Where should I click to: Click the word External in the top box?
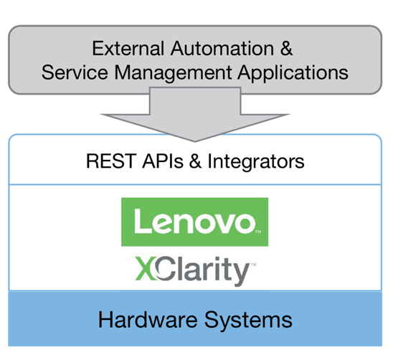[x=128, y=48]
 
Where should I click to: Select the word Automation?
[x=222, y=48]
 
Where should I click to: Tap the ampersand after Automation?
[x=286, y=48]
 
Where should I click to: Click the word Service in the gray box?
[x=75, y=72]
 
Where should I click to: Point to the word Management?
[x=173, y=74]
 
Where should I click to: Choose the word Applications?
[x=293, y=74]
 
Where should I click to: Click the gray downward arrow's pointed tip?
[x=195, y=141]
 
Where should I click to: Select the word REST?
[x=111, y=161]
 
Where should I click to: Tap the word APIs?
[x=163, y=161]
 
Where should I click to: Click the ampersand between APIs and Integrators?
[x=195, y=161]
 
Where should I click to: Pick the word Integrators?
[x=256, y=163]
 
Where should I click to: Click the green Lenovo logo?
[x=195, y=222]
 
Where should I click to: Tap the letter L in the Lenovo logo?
[x=143, y=221]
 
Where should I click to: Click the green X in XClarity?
[x=145, y=268]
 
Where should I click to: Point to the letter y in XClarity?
[x=241, y=274]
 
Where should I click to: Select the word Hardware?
[x=148, y=320]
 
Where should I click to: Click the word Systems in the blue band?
[x=248, y=321]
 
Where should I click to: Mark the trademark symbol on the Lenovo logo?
[x=258, y=232]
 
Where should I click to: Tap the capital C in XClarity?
[x=164, y=268]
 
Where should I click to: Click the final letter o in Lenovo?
[x=244, y=224]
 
